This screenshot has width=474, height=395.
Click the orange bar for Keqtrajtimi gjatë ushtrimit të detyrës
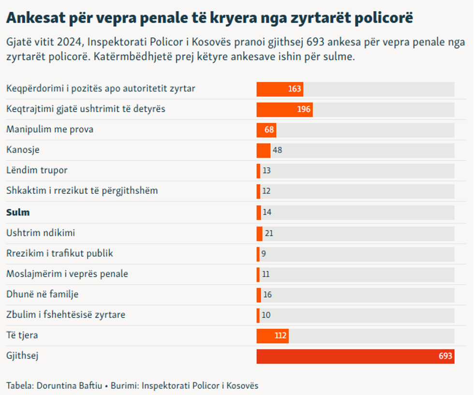pos(284,109)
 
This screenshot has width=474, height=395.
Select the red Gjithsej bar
pos(355,356)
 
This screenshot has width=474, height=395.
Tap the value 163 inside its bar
pos(294,89)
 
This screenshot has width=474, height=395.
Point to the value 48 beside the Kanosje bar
pos(277,150)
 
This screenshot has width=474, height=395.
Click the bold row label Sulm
pos(18,212)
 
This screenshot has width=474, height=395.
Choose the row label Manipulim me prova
pos(50,130)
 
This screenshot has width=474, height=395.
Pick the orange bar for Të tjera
pos(272,336)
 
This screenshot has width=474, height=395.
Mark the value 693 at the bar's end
pos(445,356)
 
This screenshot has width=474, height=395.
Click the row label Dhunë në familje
pos(42,294)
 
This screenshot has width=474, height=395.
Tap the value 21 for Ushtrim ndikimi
pos(269,234)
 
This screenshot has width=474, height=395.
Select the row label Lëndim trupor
pos(37,170)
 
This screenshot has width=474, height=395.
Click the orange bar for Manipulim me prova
pos(266,130)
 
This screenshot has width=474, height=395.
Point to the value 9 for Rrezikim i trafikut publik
pos(264,253)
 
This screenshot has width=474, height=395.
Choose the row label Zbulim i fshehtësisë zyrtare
pos(66,315)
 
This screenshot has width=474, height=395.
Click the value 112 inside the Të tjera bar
pos(281,336)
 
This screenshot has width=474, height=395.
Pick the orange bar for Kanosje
pos(263,150)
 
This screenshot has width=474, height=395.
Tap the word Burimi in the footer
pos(124,386)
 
